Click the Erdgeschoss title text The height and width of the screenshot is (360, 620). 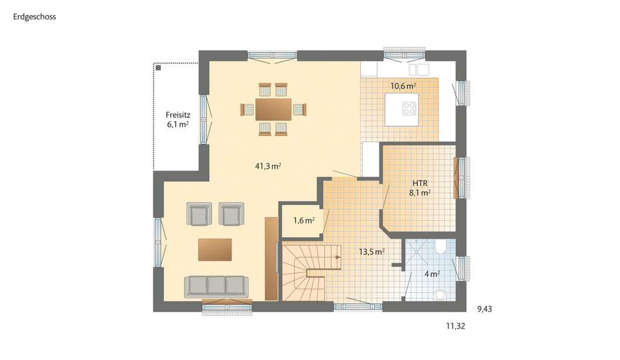click(x=35, y=17)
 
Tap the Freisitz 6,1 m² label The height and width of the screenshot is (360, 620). click(x=177, y=119)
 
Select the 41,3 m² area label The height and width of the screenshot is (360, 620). click(x=267, y=165)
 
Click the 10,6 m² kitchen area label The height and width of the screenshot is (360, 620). click(x=403, y=86)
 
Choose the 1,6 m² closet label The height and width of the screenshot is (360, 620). click(x=303, y=221)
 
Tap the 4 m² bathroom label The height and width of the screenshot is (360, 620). click(x=432, y=273)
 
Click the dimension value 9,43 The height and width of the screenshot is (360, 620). click(x=485, y=309)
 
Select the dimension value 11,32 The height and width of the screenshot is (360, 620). click(x=455, y=326)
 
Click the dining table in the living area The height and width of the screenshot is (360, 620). click(x=273, y=110)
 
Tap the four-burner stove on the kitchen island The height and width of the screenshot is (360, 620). click(x=409, y=109)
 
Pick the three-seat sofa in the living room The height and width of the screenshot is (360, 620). click(x=217, y=286)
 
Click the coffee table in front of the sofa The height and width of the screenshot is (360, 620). click(x=214, y=249)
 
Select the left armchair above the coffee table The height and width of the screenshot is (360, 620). click(x=199, y=214)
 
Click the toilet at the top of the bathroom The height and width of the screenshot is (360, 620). click(x=441, y=246)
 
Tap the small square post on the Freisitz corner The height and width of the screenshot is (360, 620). click(x=159, y=68)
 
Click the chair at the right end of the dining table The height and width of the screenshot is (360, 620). click(x=300, y=110)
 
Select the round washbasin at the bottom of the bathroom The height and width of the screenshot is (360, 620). click(x=441, y=295)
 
